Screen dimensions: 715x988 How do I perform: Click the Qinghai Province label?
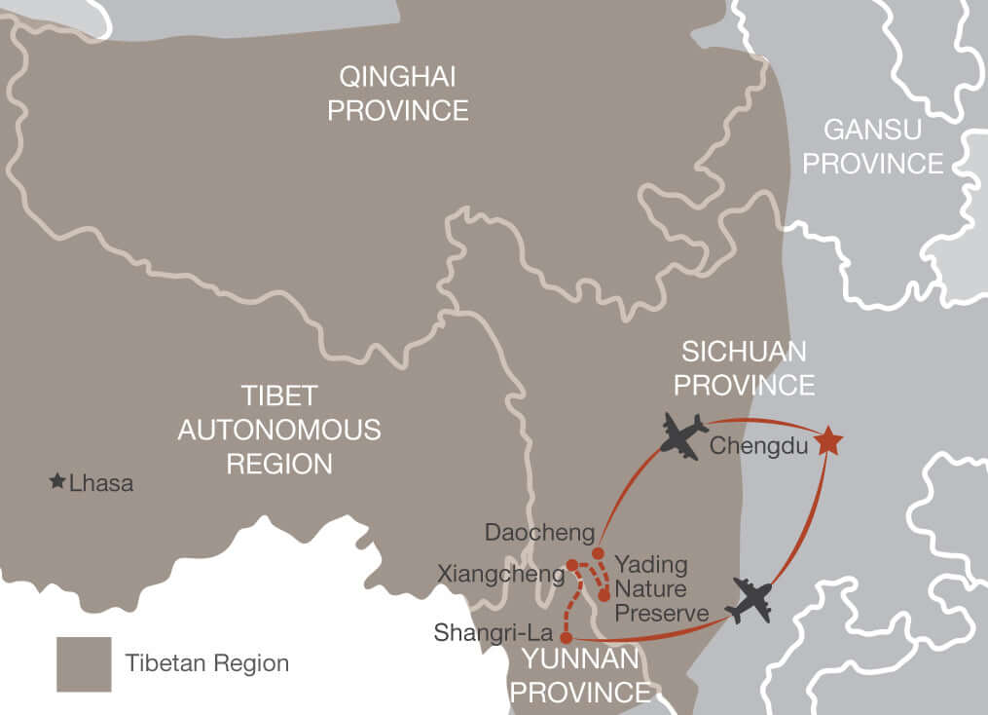click(x=397, y=94)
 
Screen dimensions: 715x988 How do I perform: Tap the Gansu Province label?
click(x=873, y=146)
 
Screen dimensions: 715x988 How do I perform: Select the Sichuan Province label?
click(x=745, y=368)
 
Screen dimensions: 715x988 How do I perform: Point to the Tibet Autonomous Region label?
click(x=279, y=430)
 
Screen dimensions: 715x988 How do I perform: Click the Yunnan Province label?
click(x=581, y=675)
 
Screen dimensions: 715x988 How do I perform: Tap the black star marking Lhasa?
click(x=57, y=481)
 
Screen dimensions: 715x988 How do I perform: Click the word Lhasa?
click(x=101, y=482)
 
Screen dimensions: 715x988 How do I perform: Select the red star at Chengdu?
click(x=827, y=441)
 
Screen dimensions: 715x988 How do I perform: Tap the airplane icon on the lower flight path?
click(x=749, y=599)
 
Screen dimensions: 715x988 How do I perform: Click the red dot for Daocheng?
click(x=598, y=553)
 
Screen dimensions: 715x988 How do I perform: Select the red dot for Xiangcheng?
click(x=572, y=565)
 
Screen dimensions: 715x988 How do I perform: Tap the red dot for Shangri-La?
click(x=566, y=638)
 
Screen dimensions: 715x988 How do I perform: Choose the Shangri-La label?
click(x=494, y=633)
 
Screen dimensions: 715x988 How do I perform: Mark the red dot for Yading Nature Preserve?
click(x=604, y=594)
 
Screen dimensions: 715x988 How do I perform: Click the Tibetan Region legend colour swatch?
click(x=84, y=664)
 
